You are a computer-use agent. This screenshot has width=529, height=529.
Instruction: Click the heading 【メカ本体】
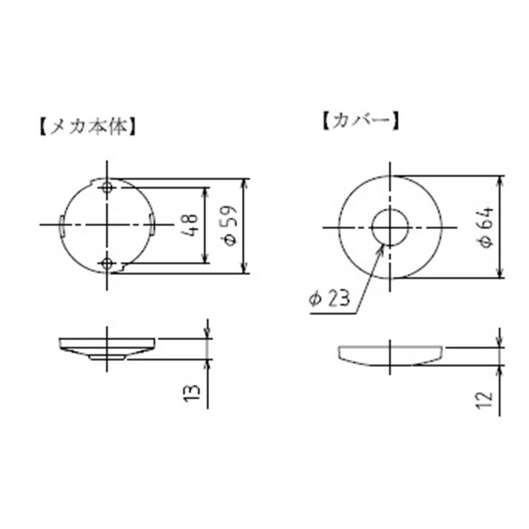tap(88, 126)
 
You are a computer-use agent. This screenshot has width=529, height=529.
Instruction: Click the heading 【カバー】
tap(360, 121)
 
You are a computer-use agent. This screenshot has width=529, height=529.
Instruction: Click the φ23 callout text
tap(329, 299)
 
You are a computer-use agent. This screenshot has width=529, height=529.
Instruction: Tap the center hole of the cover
tap(389, 227)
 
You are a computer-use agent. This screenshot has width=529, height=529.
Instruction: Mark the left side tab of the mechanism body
tap(62, 226)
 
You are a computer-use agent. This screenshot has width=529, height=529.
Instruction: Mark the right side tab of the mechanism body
tap(152, 226)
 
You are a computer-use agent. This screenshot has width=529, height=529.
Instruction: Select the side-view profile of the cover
tap(390, 355)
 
